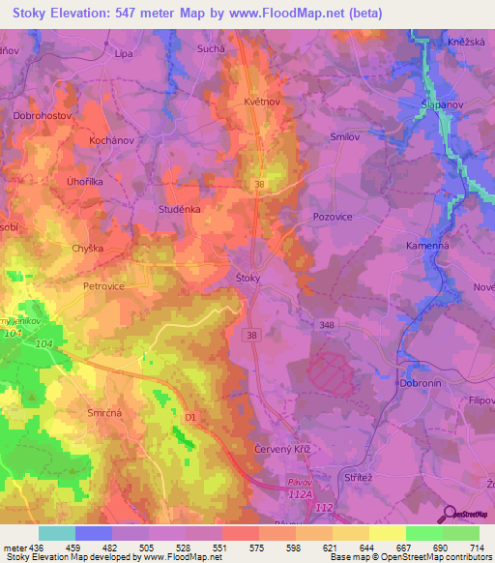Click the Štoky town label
[x=249, y=278]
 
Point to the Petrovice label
[x=104, y=286]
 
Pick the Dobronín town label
[x=418, y=383]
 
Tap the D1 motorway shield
[x=190, y=417]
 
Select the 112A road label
[x=300, y=494]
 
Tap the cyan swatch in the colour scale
[x=56, y=533]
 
